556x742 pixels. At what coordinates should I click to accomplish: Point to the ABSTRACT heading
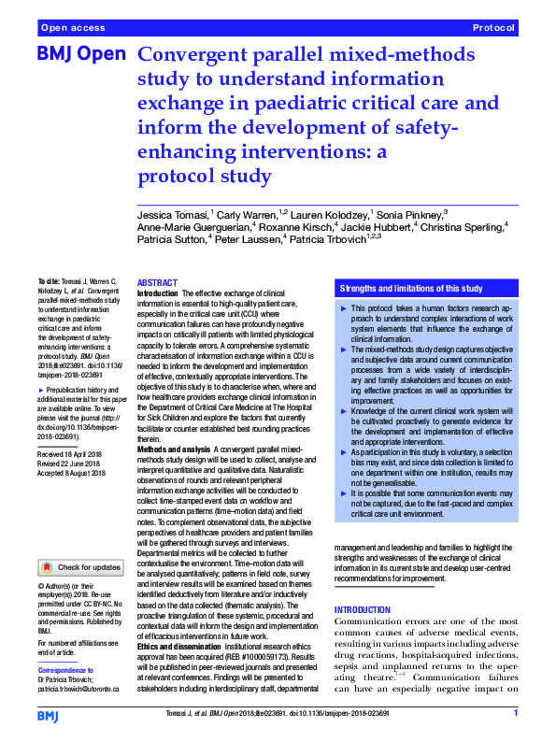157,282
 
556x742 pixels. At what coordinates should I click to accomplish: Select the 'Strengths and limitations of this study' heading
411,289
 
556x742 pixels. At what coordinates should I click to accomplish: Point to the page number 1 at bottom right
516,714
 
